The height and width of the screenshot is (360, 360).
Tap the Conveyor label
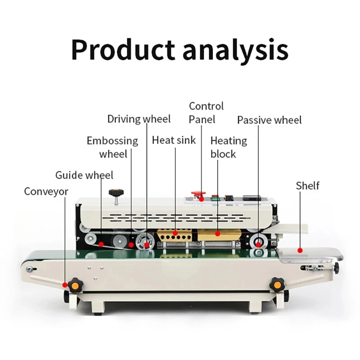coord(46,192)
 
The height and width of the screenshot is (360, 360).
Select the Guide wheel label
coord(84,175)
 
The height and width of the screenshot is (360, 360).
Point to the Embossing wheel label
coord(112,147)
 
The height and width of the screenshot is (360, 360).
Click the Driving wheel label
coord(139,119)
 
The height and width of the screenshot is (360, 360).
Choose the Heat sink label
coord(174,140)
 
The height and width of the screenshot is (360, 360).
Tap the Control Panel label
coord(206,112)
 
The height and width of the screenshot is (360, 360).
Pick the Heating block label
coord(229,147)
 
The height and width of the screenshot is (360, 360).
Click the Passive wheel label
coord(269,120)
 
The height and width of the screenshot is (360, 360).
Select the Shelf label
coord(308,185)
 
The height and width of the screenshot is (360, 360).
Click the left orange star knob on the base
coord(74,285)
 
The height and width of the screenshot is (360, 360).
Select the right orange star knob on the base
coord(276,285)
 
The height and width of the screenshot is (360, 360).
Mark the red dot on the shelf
coord(300,250)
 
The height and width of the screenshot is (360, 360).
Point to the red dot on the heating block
coord(218,234)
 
